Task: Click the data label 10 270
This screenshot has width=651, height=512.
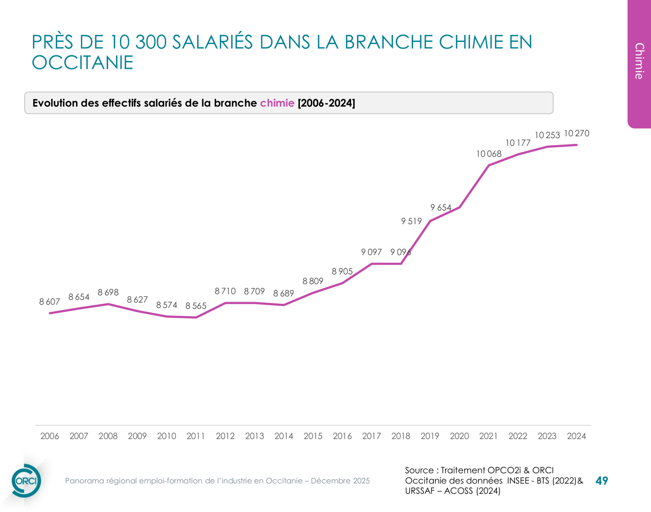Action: [577, 133]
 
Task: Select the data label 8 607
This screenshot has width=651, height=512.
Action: [50, 302]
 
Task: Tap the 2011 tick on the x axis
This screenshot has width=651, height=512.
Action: [196, 436]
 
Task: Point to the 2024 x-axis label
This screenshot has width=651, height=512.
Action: [576, 436]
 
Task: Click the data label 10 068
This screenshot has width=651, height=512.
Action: [489, 154]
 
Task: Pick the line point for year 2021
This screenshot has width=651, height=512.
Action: [489, 166]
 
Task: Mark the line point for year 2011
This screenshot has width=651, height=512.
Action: [196, 317]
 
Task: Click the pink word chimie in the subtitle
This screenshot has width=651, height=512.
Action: [277, 103]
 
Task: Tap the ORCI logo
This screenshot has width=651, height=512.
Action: [26, 481]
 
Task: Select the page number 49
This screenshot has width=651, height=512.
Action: [601, 481]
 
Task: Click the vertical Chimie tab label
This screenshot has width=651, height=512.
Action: [639, 61]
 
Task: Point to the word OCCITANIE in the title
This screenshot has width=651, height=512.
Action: [83, 63]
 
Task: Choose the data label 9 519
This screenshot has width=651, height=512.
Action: [411, 221]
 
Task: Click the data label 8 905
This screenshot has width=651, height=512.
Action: [342, 271]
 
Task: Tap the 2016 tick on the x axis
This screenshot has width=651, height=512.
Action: [342, 436]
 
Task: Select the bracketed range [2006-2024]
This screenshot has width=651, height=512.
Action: [326, 103]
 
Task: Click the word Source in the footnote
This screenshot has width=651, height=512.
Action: [419, 470]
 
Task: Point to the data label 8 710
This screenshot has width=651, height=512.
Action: [225, 291]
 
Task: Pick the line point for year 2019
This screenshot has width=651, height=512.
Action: [430, 221]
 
